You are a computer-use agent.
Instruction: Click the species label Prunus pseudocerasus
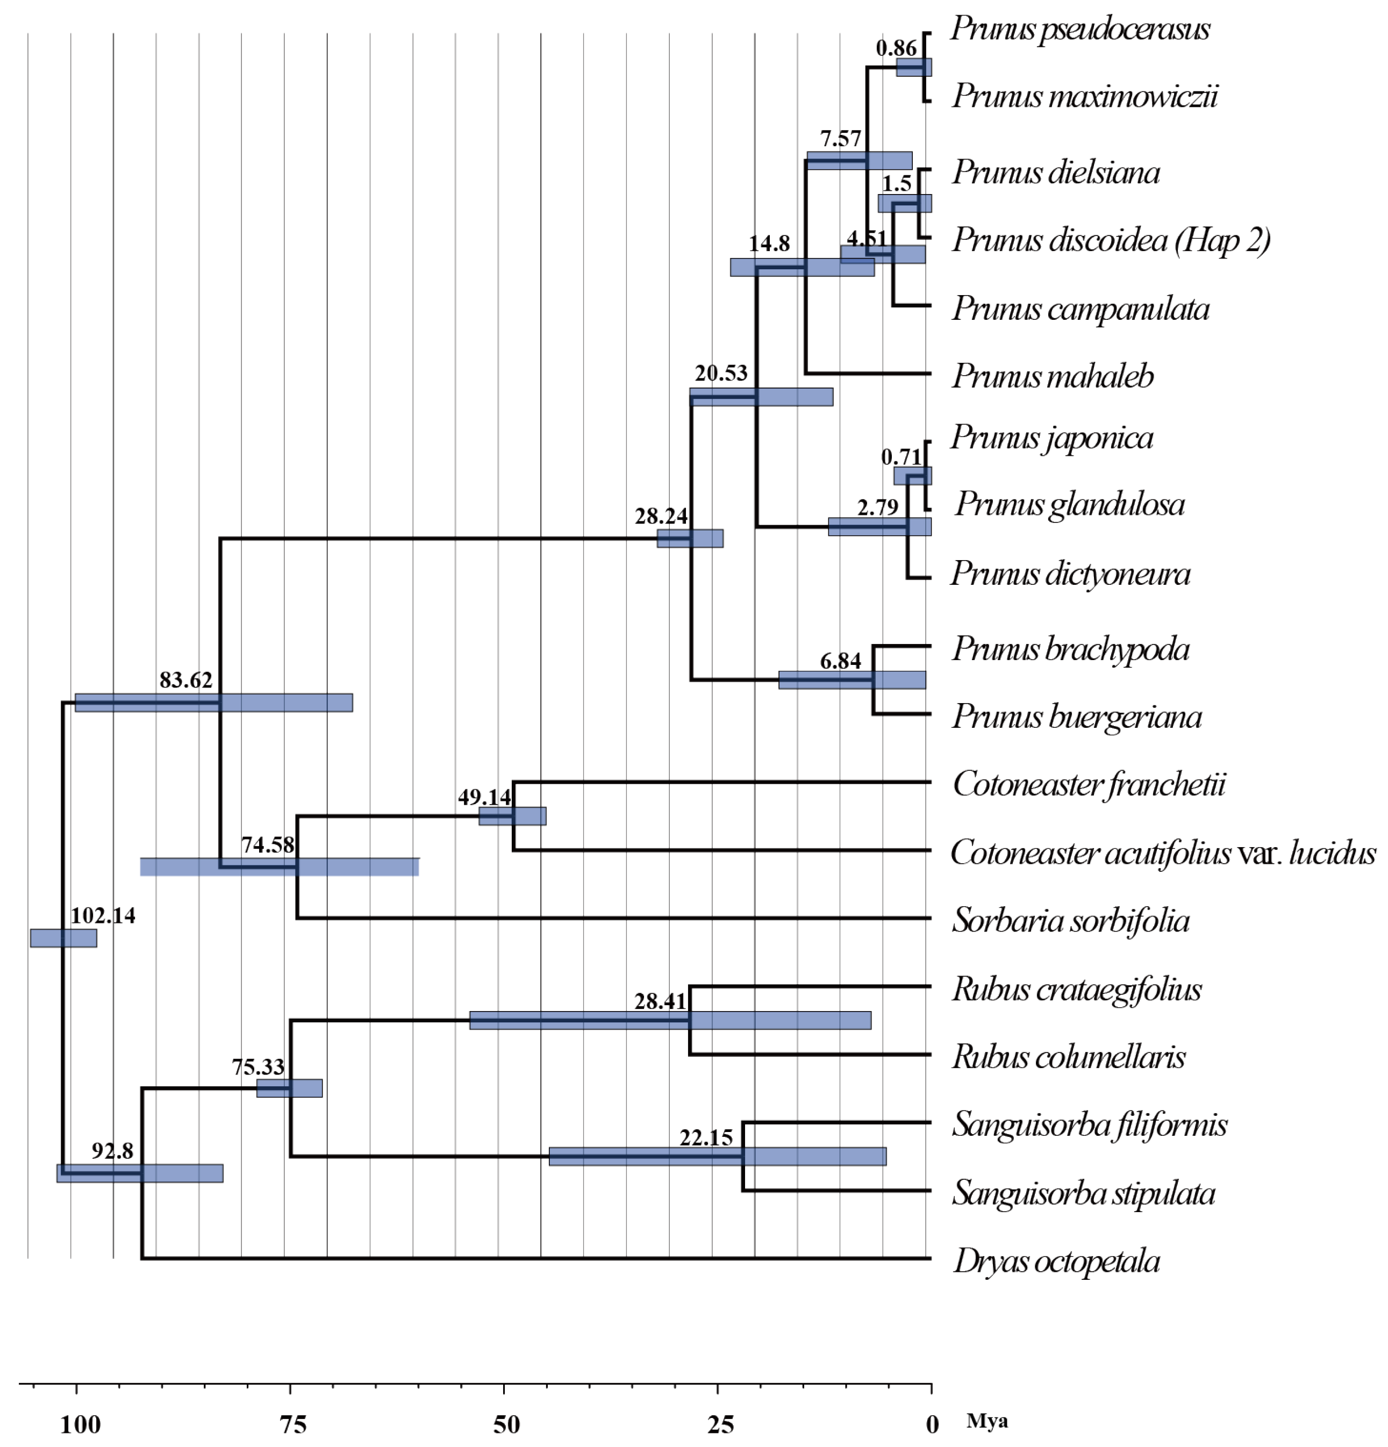1079,30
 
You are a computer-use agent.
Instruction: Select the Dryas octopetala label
1056,1261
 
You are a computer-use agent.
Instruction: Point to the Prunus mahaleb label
1052,376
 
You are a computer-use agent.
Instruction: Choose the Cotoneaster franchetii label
1088,784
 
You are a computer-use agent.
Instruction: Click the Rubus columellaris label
1068,1056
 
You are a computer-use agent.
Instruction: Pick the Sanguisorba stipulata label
1083,1193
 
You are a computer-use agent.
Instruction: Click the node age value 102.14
103,915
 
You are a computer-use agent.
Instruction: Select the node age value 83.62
185,680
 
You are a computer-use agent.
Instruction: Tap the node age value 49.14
484,797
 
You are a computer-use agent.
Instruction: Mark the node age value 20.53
720,374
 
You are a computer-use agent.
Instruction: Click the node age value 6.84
840,661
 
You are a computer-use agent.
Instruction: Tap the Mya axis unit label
986,1421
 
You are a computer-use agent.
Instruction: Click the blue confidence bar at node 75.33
289,1088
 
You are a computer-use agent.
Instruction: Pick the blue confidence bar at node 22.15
717,1156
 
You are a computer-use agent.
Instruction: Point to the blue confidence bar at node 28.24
690,538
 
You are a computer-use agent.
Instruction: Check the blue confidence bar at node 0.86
913,68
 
